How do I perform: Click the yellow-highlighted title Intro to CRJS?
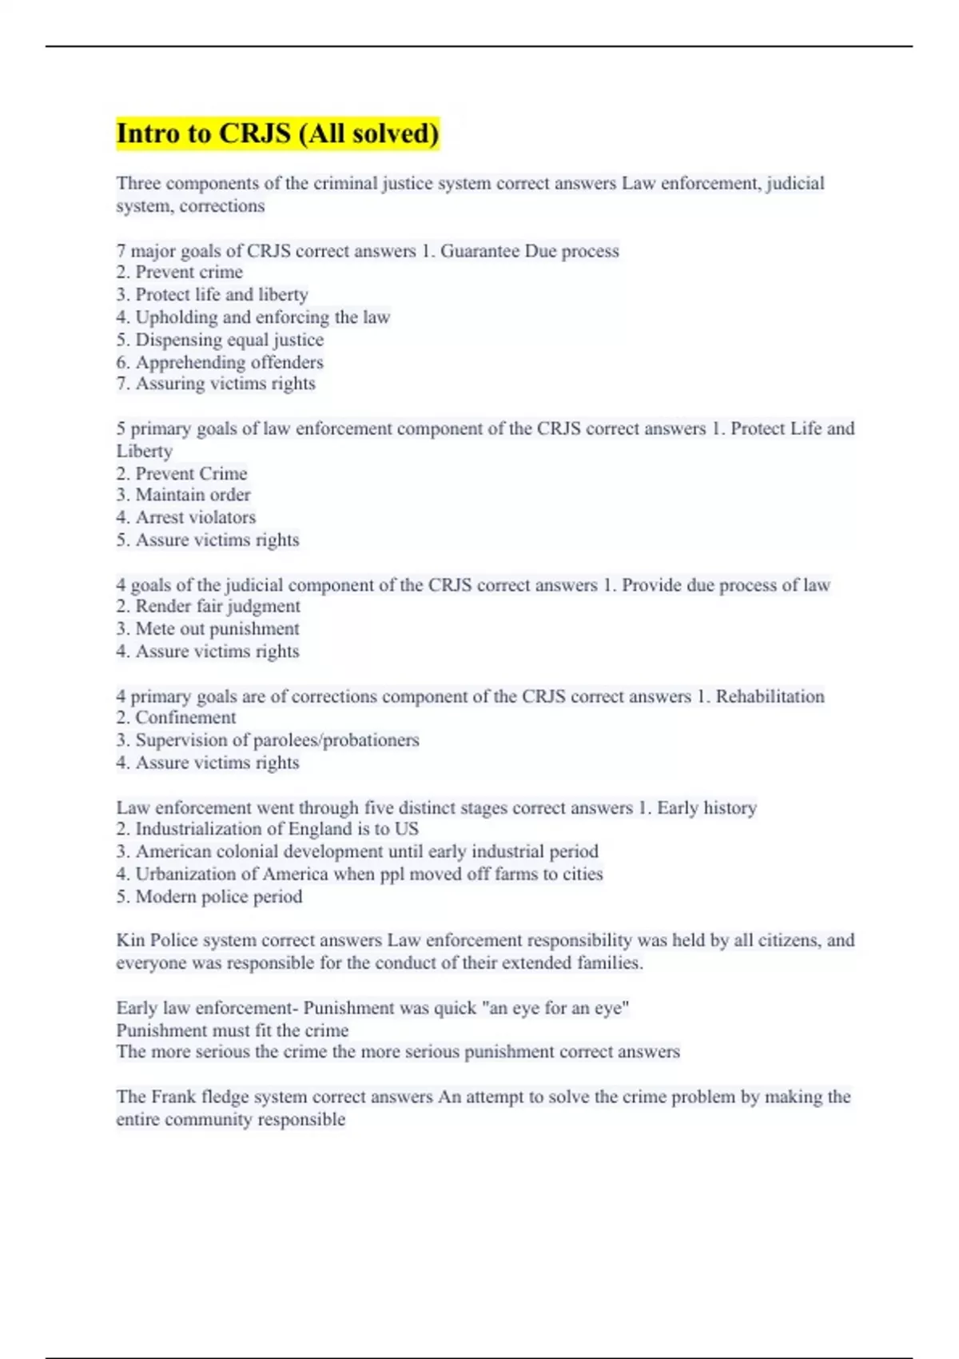(x=277, y=133)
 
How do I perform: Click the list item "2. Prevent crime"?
(x=180, y=273)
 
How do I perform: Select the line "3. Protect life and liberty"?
(x=212, y=295)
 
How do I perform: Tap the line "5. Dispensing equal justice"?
(x=220, y=340)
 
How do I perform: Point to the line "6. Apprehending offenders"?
(x=220, y=362)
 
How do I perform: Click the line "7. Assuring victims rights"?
(x=216, y=384)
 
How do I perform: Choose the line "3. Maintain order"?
(x=183, y=495)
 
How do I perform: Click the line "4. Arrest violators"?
(x=186, y=517)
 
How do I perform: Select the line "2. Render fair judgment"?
(x=208, y=607)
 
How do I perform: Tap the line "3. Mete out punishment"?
(x=208, y=629)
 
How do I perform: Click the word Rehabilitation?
(x=770, y=696)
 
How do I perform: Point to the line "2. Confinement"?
(x=176, y=718)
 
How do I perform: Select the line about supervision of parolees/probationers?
(x=268, y=740)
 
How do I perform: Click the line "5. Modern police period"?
(x=209, y=897)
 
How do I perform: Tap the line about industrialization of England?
(x=268, y=829)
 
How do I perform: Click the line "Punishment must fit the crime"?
(x=233, y=1030)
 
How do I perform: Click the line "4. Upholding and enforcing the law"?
(x=253, y=317)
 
